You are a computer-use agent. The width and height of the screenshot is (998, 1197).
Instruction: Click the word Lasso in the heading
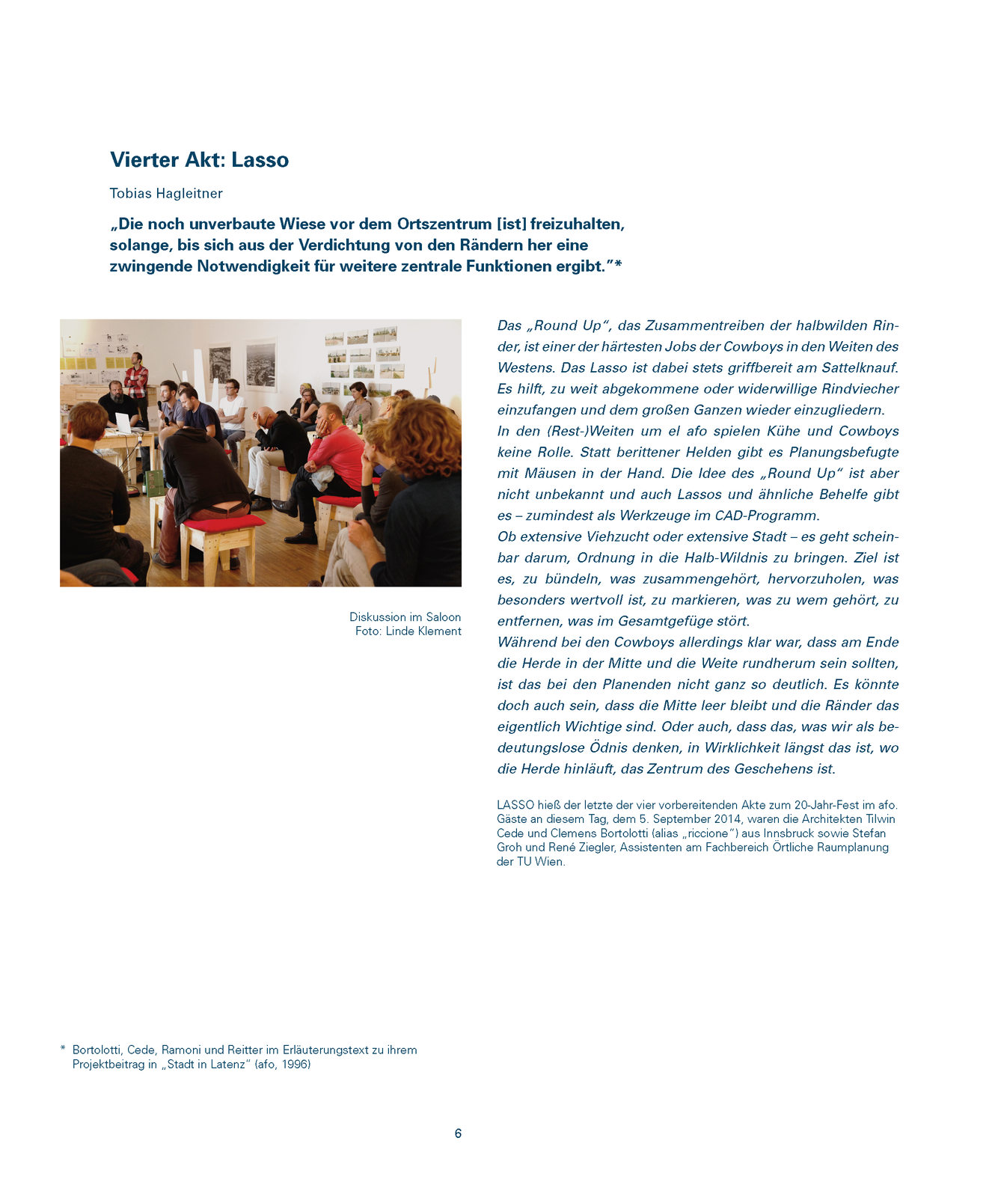click(x=260, y=160)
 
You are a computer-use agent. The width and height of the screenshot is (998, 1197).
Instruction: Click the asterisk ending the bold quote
click(x=619, y=265)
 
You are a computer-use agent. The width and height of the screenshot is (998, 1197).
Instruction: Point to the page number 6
click(x=458, y=1133)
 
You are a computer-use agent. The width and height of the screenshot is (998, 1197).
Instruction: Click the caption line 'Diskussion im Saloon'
click(x=405, y=617)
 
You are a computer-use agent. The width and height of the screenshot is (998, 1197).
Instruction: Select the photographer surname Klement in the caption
click(x=440, y=631)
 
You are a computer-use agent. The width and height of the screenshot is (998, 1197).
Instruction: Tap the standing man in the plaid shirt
click(x=136, y=382)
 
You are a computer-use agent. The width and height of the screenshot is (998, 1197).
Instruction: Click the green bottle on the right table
click(x=360, y=425)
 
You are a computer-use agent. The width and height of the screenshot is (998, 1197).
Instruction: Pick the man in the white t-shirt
click(x=232, y=408)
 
